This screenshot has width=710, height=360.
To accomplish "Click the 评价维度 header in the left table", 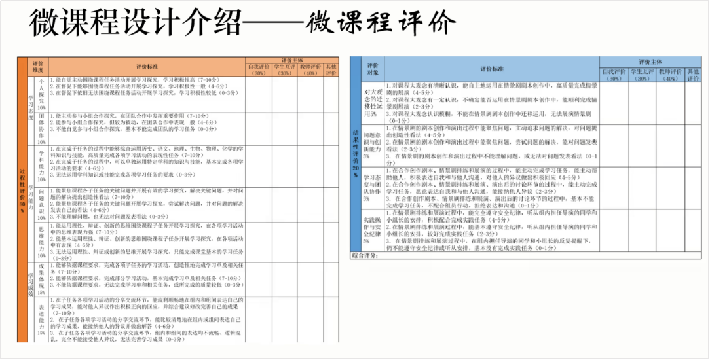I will coord(38,67).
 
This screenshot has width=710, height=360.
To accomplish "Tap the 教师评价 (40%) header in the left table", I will coord(310,69).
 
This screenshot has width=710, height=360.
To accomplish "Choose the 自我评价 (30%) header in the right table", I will coord(614,75).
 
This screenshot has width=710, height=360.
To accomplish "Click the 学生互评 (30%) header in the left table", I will coord(284,69).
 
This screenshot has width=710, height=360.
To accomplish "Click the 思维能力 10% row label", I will coord(41,242).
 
